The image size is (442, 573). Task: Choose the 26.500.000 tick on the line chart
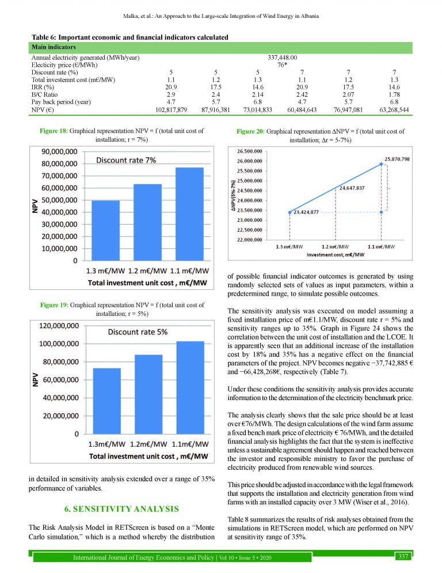tap(249, 151)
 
